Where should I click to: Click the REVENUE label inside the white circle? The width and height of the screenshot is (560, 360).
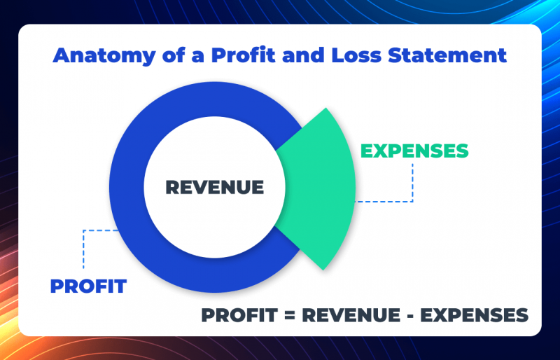click(x=214, y=188)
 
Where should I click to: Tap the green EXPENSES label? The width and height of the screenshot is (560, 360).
click(x=414, y=151)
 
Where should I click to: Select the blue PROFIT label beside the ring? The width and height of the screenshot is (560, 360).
click(x=88, y=286)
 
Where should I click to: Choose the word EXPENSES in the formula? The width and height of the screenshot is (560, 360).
click(x=479, y=315)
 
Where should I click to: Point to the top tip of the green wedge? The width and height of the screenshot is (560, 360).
click(x=323, y=109)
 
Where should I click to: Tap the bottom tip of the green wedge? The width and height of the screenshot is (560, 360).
click(x=323, y=269)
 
